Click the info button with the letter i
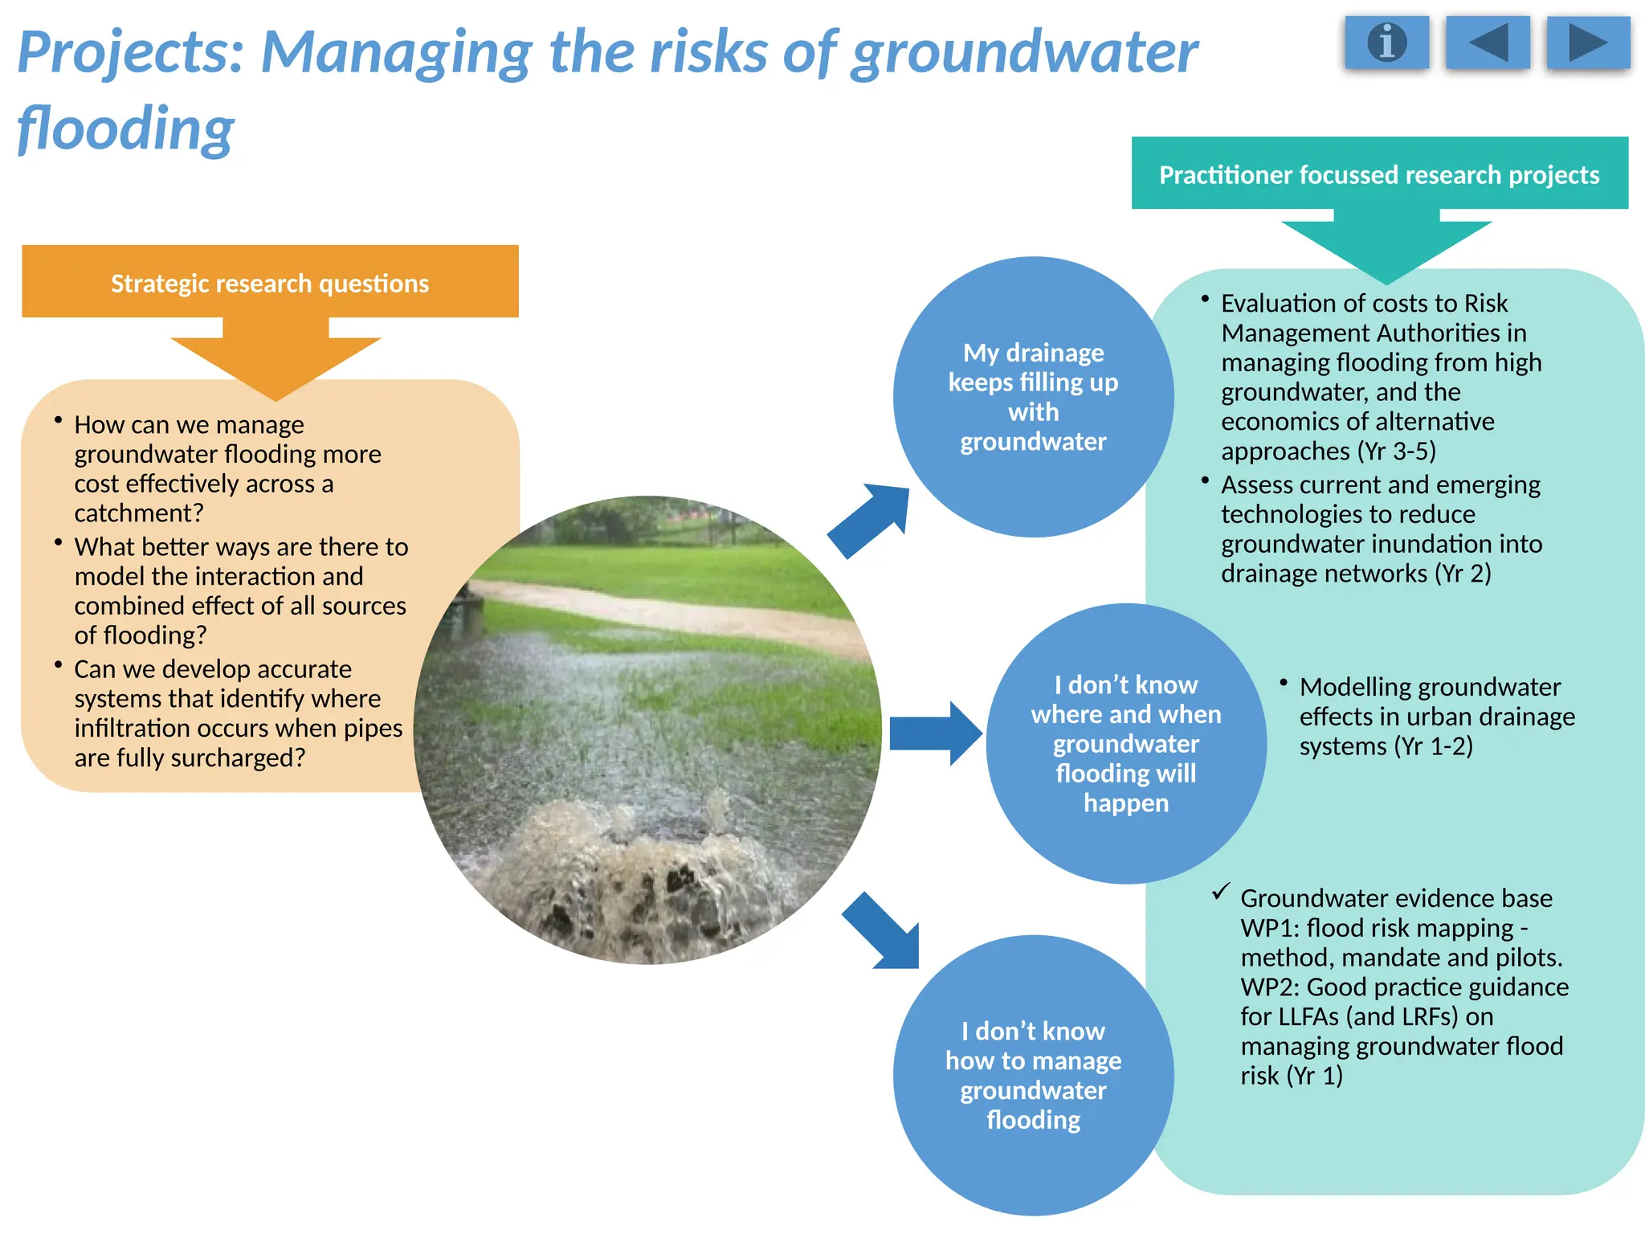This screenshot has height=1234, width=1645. (1387, 42)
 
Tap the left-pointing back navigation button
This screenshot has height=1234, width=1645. (1487, 42)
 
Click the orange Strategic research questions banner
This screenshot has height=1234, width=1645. (270, 282)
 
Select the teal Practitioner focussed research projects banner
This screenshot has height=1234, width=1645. (1379, 174)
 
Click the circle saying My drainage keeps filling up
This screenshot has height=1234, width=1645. (1033, 397)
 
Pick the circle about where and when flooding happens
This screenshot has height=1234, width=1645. (1126, 743)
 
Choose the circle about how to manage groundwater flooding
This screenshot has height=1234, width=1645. (1033, 1075)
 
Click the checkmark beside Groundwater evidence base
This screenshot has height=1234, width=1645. (1221, 892)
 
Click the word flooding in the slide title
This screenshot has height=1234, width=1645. (126, 129)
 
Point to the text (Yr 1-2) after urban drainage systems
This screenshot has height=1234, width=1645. (1434, 746)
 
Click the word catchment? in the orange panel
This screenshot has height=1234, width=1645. (139, 513)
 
